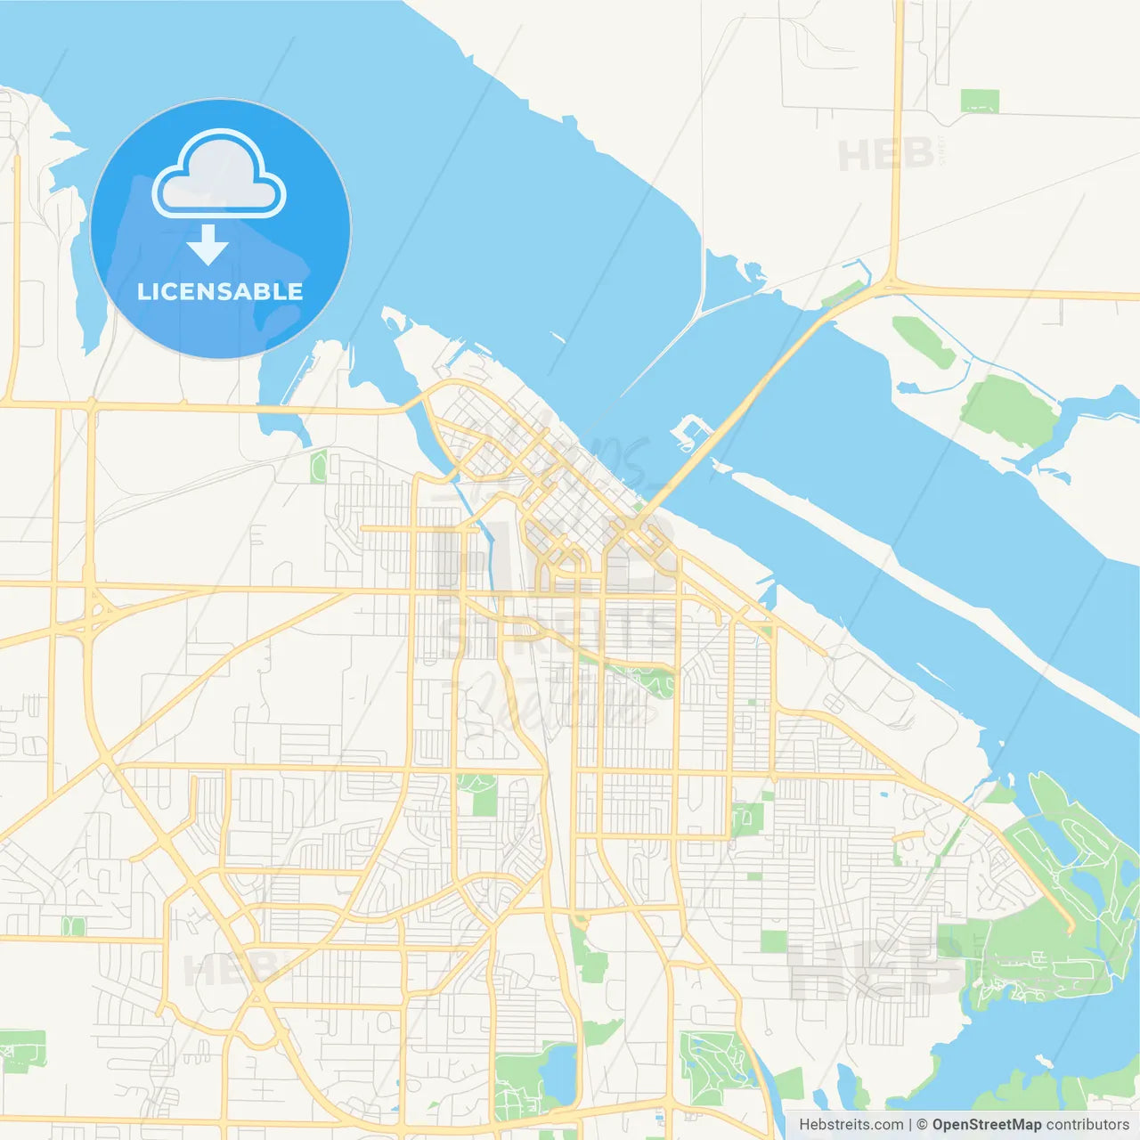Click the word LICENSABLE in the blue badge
220,291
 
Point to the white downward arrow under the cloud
208,245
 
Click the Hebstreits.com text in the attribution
851,1124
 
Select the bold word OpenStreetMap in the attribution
987,1124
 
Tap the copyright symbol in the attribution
922,1124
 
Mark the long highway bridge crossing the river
748,401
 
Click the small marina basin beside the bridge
691,432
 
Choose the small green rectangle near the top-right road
979,101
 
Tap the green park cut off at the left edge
22,1051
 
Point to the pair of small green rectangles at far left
73,927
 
